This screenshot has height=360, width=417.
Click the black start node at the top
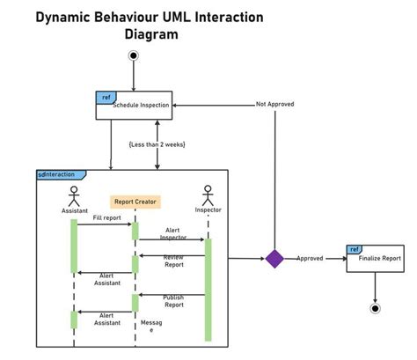[134, 56]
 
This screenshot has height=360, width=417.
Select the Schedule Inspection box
[133, 105]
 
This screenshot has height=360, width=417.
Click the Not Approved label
[274, 104]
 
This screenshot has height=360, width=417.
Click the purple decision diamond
[274, 258]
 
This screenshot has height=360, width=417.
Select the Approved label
[310, 259]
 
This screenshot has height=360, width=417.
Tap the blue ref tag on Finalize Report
[355, 249]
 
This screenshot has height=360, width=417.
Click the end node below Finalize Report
[376, 308]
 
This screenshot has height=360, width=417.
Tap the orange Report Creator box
[135, 201]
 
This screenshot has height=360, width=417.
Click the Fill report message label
[106, 217]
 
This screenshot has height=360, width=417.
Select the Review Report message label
[173, 261]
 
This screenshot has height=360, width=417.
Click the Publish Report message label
[173, 301]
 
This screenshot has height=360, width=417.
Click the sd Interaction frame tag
[56, 174]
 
